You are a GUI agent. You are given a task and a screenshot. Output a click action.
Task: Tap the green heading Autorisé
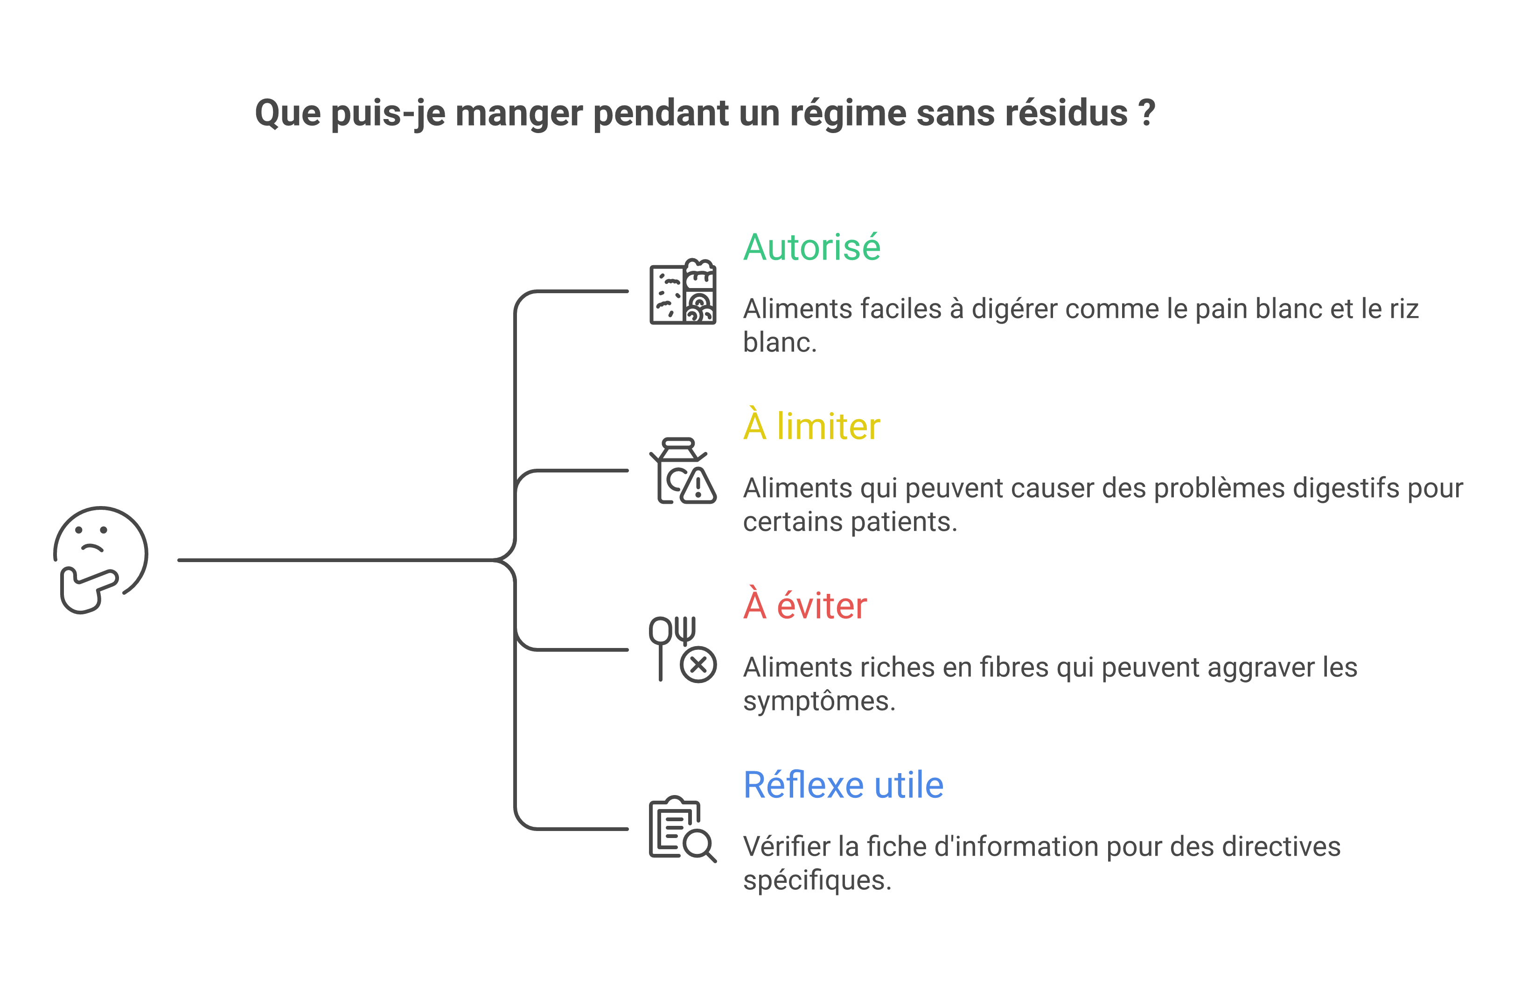(x=812, y=247)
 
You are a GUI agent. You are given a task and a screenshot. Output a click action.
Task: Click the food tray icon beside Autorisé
(x=683, y=292)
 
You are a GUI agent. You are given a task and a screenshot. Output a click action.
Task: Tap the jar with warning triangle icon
(x=683, y=471)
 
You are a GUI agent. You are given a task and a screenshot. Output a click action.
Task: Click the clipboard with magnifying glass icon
(x=683, y=829)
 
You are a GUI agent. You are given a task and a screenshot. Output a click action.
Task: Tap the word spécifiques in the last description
(x=817, y=881)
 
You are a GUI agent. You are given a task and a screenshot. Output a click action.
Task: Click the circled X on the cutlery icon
(x=698, y=665)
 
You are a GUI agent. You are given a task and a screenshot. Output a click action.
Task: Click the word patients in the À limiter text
(x=904, y=522)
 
